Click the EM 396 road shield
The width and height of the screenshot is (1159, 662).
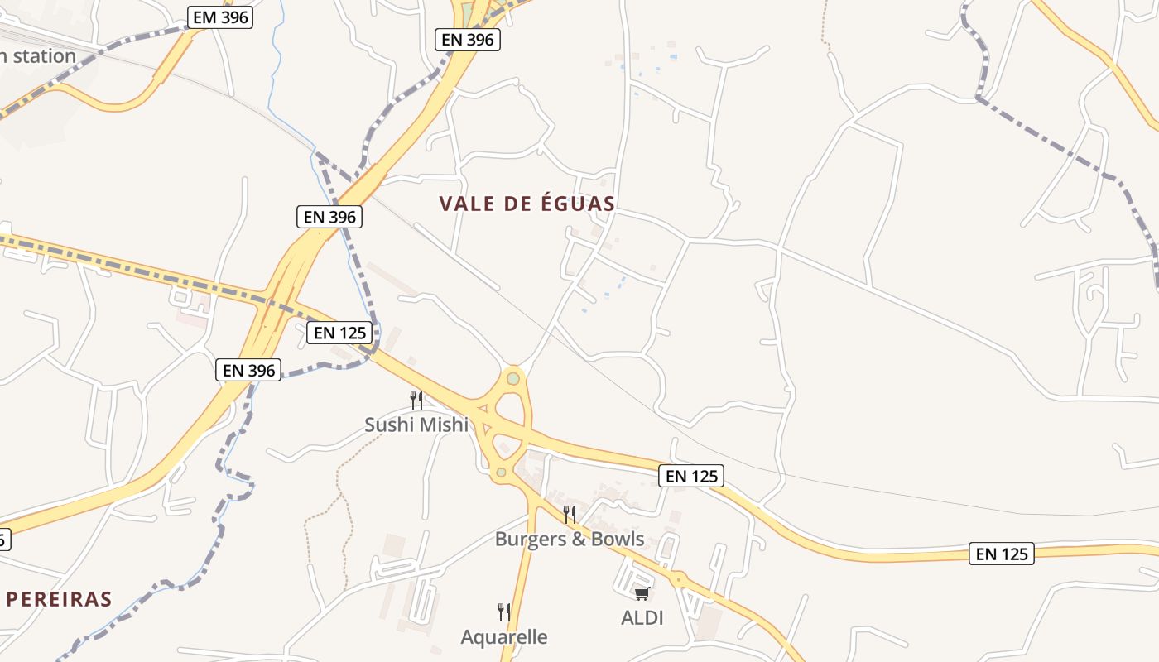[x=219, y=17]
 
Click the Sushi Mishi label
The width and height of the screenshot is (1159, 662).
[x=416, y=425]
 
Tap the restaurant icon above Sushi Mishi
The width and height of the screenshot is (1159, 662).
[x=416, y=401]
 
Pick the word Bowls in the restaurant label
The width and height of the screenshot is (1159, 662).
[x=614, y=539]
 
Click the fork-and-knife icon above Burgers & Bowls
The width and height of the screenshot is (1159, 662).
[x=569, y=515]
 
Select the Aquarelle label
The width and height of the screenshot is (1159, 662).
[x=504, y=637]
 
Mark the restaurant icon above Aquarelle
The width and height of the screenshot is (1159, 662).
[x=503, y=612]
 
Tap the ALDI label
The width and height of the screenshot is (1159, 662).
[x=642, y=617]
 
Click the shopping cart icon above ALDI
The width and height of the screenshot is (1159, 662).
[x=642, y=593]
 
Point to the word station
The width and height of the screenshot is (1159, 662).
[x=39, y=56]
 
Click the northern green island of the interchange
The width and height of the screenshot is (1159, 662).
[x=513, y=378]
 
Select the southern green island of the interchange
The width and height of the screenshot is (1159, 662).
[x=501, y=473]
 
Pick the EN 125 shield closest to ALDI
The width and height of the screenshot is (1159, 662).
[x=691, y=476]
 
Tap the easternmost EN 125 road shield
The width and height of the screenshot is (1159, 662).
[x=1002, y=554]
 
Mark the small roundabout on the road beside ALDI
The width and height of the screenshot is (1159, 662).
[x=678, y=579]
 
